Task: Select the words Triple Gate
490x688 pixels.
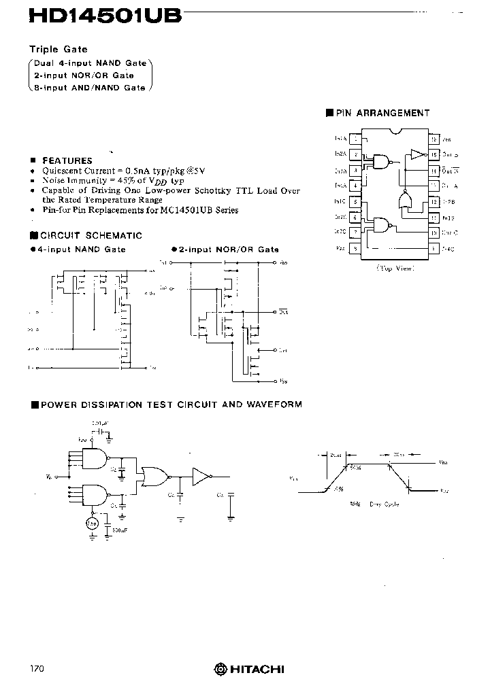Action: (x=58, y=50)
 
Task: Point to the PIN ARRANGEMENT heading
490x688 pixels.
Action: (x=382, y=114)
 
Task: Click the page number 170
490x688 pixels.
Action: (x=37, y=669)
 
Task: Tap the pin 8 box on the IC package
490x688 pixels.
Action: (x=356, y=248)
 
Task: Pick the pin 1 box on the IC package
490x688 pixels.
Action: (x=356, y=138)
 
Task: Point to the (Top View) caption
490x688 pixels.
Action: (x=395, y=269)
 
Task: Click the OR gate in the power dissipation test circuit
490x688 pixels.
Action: (x=152, y=477)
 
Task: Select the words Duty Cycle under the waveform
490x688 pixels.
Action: (x=385, y=504)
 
